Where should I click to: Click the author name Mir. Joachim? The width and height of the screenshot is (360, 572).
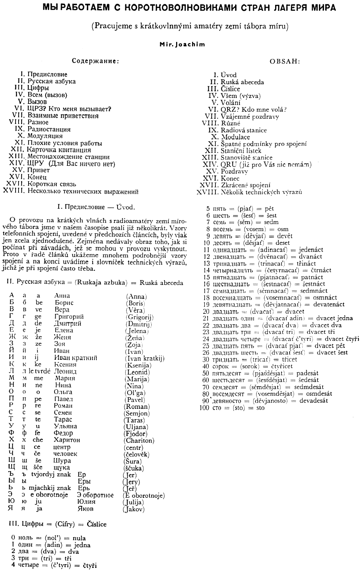coord(182,44)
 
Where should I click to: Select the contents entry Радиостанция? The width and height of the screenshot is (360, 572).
coord(49,129)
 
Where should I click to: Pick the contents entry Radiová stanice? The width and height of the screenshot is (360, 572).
coord(244,130)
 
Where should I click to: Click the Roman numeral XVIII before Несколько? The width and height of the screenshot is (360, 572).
coord(14,191)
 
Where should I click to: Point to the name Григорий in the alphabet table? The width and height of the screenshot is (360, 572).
coord(69,317)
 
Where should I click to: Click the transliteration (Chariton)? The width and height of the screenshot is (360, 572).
coord(139,441)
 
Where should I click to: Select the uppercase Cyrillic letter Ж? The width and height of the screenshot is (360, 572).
coord(12,337)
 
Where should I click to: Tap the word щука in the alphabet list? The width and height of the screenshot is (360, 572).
coord(62,468)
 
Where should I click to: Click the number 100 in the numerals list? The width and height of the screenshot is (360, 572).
coord(204,408)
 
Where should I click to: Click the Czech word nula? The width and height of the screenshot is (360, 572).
coord(79,538)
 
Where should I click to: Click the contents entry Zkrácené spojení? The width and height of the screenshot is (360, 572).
coord(245,185)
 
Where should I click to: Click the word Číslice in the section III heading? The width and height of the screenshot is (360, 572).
coord(97,525)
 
